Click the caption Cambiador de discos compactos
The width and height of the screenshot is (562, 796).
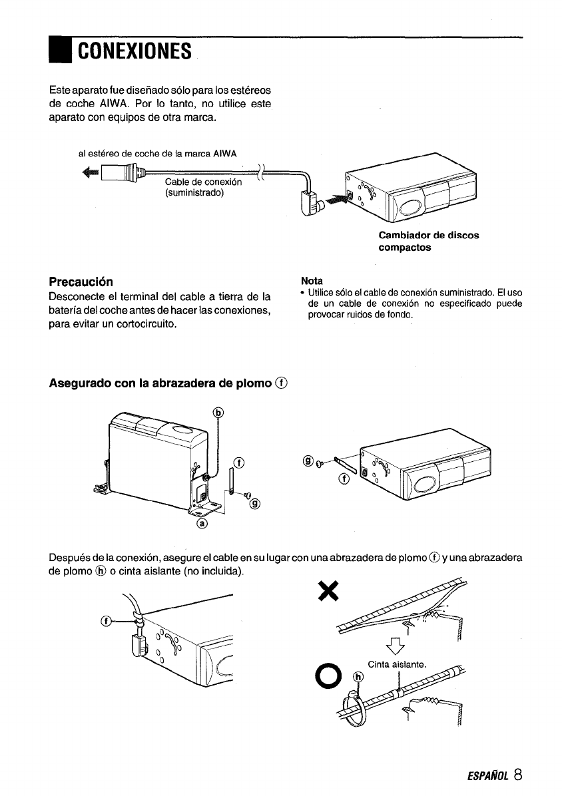428,242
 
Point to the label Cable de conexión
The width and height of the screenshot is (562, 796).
202,182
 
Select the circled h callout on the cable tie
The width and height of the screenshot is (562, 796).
358,678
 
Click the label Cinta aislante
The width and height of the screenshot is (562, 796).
396,663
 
